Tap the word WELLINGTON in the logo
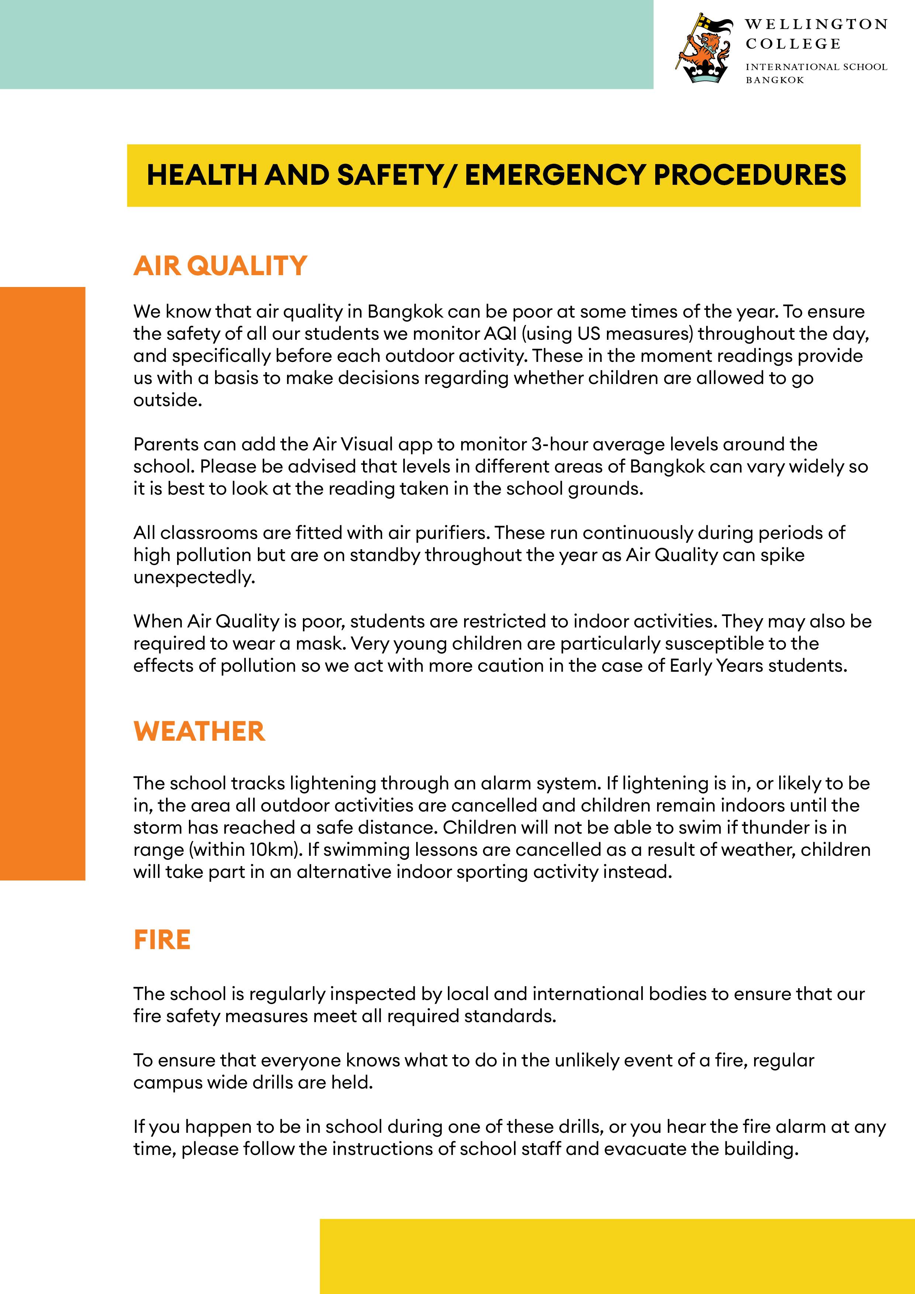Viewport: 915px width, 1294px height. (816, 24)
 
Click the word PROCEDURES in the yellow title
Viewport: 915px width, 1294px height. (750, 175)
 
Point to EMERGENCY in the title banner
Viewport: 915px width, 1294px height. (554, 175)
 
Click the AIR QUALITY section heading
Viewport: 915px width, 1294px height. (220, 266)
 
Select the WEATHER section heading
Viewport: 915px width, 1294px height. (199, 731)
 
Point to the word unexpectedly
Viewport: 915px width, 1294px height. (194, 577)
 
